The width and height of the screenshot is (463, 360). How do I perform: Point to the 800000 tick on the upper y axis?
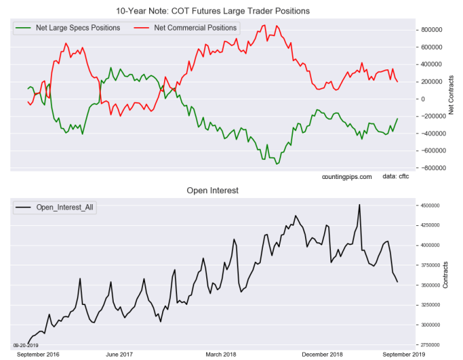(433, 30)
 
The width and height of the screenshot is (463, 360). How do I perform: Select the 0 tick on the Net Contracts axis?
(423, 99)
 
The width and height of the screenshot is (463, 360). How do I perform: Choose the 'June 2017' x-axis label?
(120, 355)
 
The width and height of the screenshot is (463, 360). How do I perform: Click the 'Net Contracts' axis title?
(452, 99)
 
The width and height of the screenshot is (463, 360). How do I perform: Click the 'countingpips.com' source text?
(347, 177)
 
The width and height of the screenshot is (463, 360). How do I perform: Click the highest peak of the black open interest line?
(360, 204)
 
